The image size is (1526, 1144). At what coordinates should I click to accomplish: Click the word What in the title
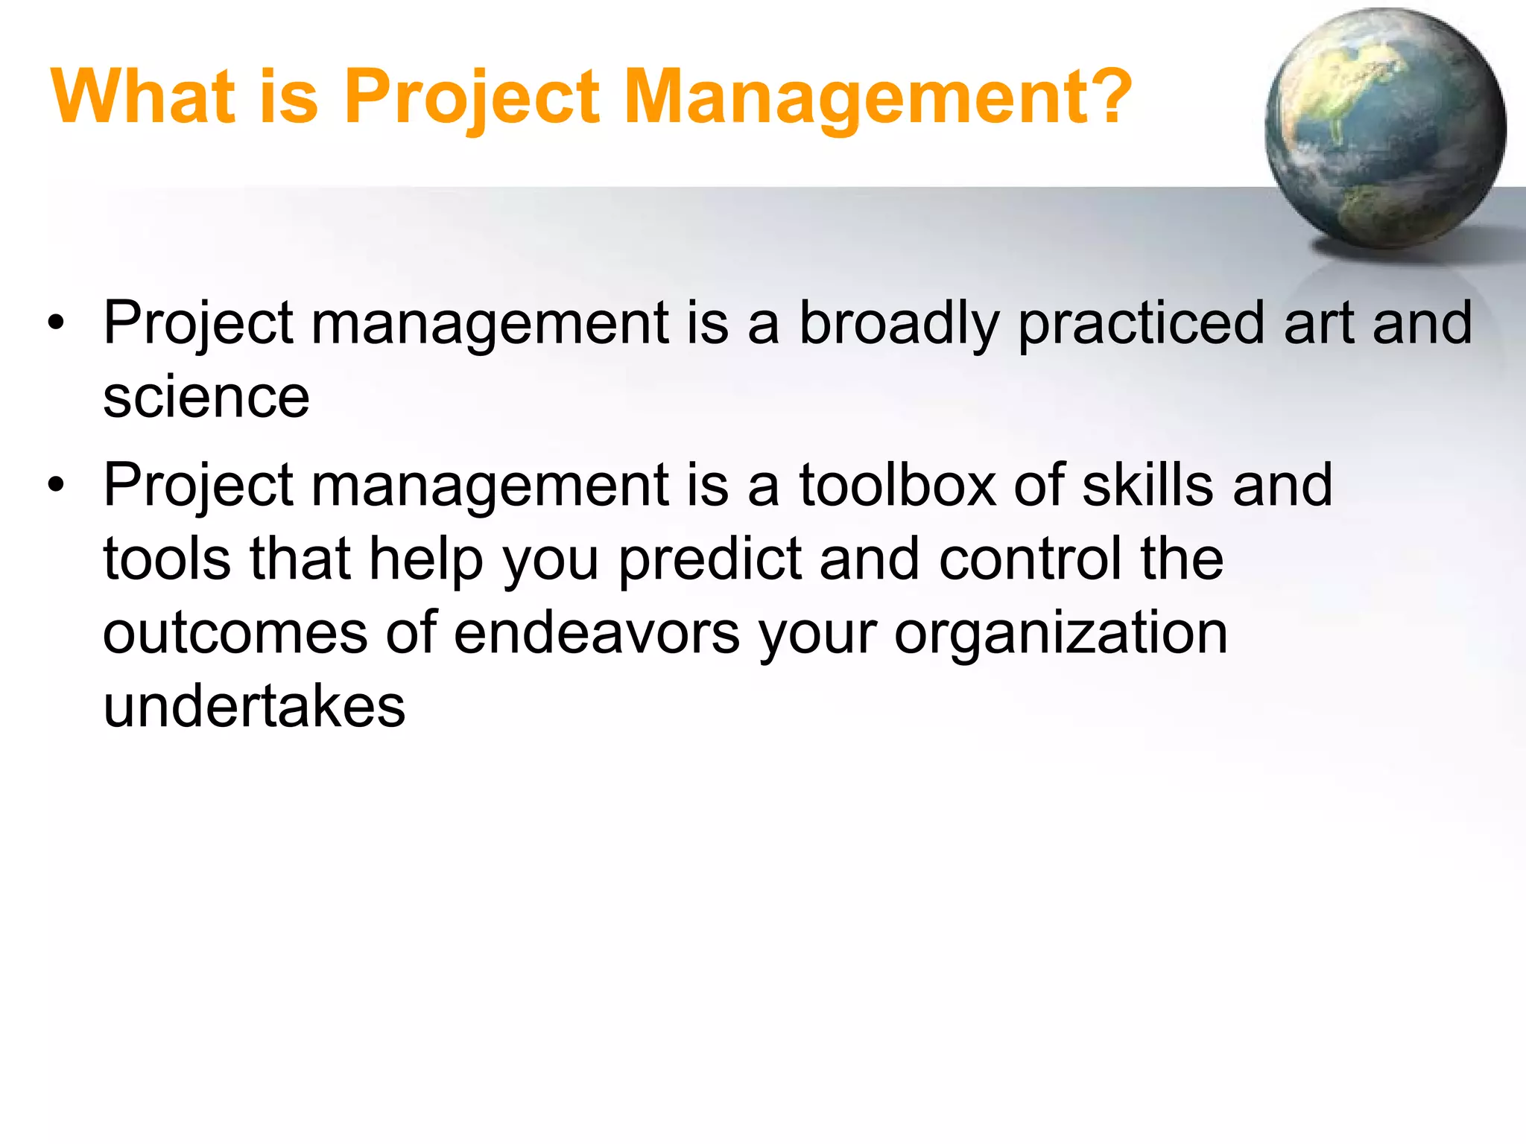142,97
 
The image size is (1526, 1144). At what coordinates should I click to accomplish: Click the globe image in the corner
1385,129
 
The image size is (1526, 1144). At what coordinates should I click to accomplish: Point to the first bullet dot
56,324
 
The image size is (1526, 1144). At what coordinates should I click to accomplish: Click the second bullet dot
56,486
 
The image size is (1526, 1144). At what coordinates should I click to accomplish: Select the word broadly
899,325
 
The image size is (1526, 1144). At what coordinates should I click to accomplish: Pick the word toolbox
897,486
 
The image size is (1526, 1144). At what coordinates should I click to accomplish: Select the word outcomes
235,633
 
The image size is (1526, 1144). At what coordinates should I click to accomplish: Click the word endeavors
596,633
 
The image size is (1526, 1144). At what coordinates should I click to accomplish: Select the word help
427,560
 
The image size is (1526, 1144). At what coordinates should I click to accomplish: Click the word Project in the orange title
472,97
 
